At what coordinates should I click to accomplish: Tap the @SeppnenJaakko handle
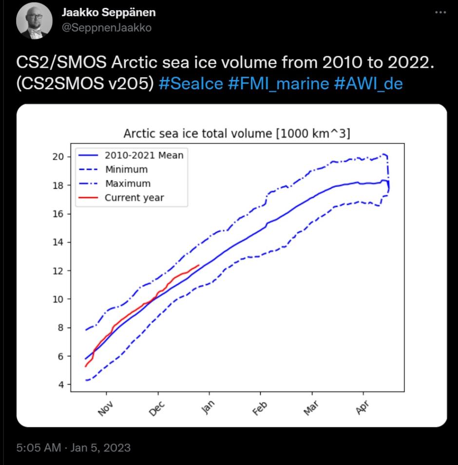coord(106,28)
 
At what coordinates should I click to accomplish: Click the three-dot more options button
coord(440,13)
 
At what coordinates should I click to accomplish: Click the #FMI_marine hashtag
coord(278,83)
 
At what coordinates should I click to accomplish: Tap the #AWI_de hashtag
coord(368,83)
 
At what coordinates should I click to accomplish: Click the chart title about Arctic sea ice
coord(237,134)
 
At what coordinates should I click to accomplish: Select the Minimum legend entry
coord(126,169)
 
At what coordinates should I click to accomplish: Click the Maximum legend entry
coord(127,183)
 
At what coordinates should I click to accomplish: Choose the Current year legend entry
coord(134,198)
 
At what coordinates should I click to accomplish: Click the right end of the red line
coord(199,265)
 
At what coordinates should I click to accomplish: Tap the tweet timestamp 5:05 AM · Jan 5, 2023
coord(74,447)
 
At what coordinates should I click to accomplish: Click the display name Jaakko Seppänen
coord(109,12)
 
